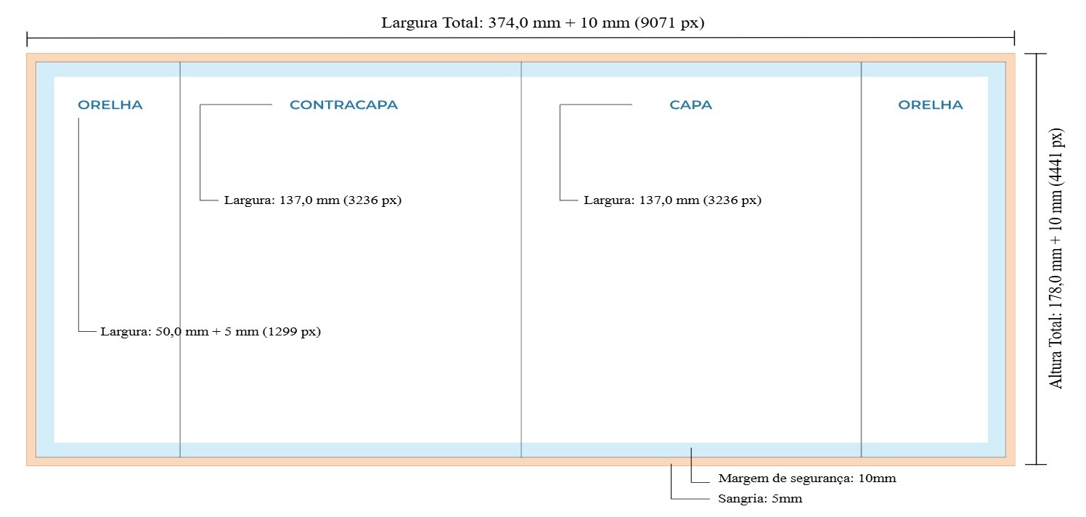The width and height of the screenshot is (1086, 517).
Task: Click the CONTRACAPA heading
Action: (344, 105)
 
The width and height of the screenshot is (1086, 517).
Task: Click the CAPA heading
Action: (691, 105)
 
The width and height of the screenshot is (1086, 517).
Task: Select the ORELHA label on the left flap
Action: (110, 105)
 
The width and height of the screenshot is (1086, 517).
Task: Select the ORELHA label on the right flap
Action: (931, 105)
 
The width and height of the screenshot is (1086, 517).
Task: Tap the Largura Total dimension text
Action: (542, 23)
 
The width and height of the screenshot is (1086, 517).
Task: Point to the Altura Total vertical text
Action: (1056, 258)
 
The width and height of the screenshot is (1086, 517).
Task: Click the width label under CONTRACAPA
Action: (313, 200)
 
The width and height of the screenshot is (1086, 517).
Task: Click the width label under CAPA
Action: (672, 200)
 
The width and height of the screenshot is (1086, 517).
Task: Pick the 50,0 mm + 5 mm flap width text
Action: (211, 332)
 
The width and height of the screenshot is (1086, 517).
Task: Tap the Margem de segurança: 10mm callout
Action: (807, 479)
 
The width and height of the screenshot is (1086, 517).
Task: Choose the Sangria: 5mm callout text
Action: (760, 499)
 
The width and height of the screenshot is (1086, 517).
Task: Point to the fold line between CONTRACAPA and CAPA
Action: (521, 259)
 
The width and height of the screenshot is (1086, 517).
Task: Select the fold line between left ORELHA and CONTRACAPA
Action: (180, 259)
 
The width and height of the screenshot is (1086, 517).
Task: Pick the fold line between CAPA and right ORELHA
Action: (862, 259)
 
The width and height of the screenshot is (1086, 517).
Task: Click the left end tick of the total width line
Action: (27, 38)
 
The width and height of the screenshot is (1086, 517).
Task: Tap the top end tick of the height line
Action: (1036, 53)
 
